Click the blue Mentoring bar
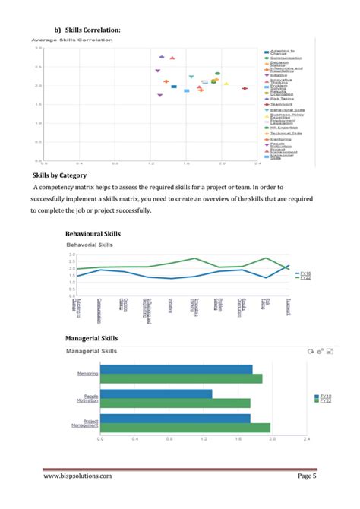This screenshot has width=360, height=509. coord(176,369)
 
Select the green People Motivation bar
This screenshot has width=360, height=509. coord(175,403)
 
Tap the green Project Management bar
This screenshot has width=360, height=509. coord(185,428)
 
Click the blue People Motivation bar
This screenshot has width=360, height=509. coord(156,394)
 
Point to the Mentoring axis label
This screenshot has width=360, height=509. coord(87,374)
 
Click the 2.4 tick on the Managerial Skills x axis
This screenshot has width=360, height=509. coord(307,439)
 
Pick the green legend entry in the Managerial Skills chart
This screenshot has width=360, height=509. coord(323,400)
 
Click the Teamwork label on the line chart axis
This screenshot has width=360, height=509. coord(288,307)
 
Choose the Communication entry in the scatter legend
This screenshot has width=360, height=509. coord(283,58)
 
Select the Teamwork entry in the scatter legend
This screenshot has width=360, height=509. coord(281,103)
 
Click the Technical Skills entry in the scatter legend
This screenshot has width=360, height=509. coord(286,133)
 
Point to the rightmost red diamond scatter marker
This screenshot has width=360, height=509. coord(245,88)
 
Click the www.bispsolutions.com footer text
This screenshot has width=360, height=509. coord(77,476)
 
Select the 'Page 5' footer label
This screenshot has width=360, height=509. coord(306,476)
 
